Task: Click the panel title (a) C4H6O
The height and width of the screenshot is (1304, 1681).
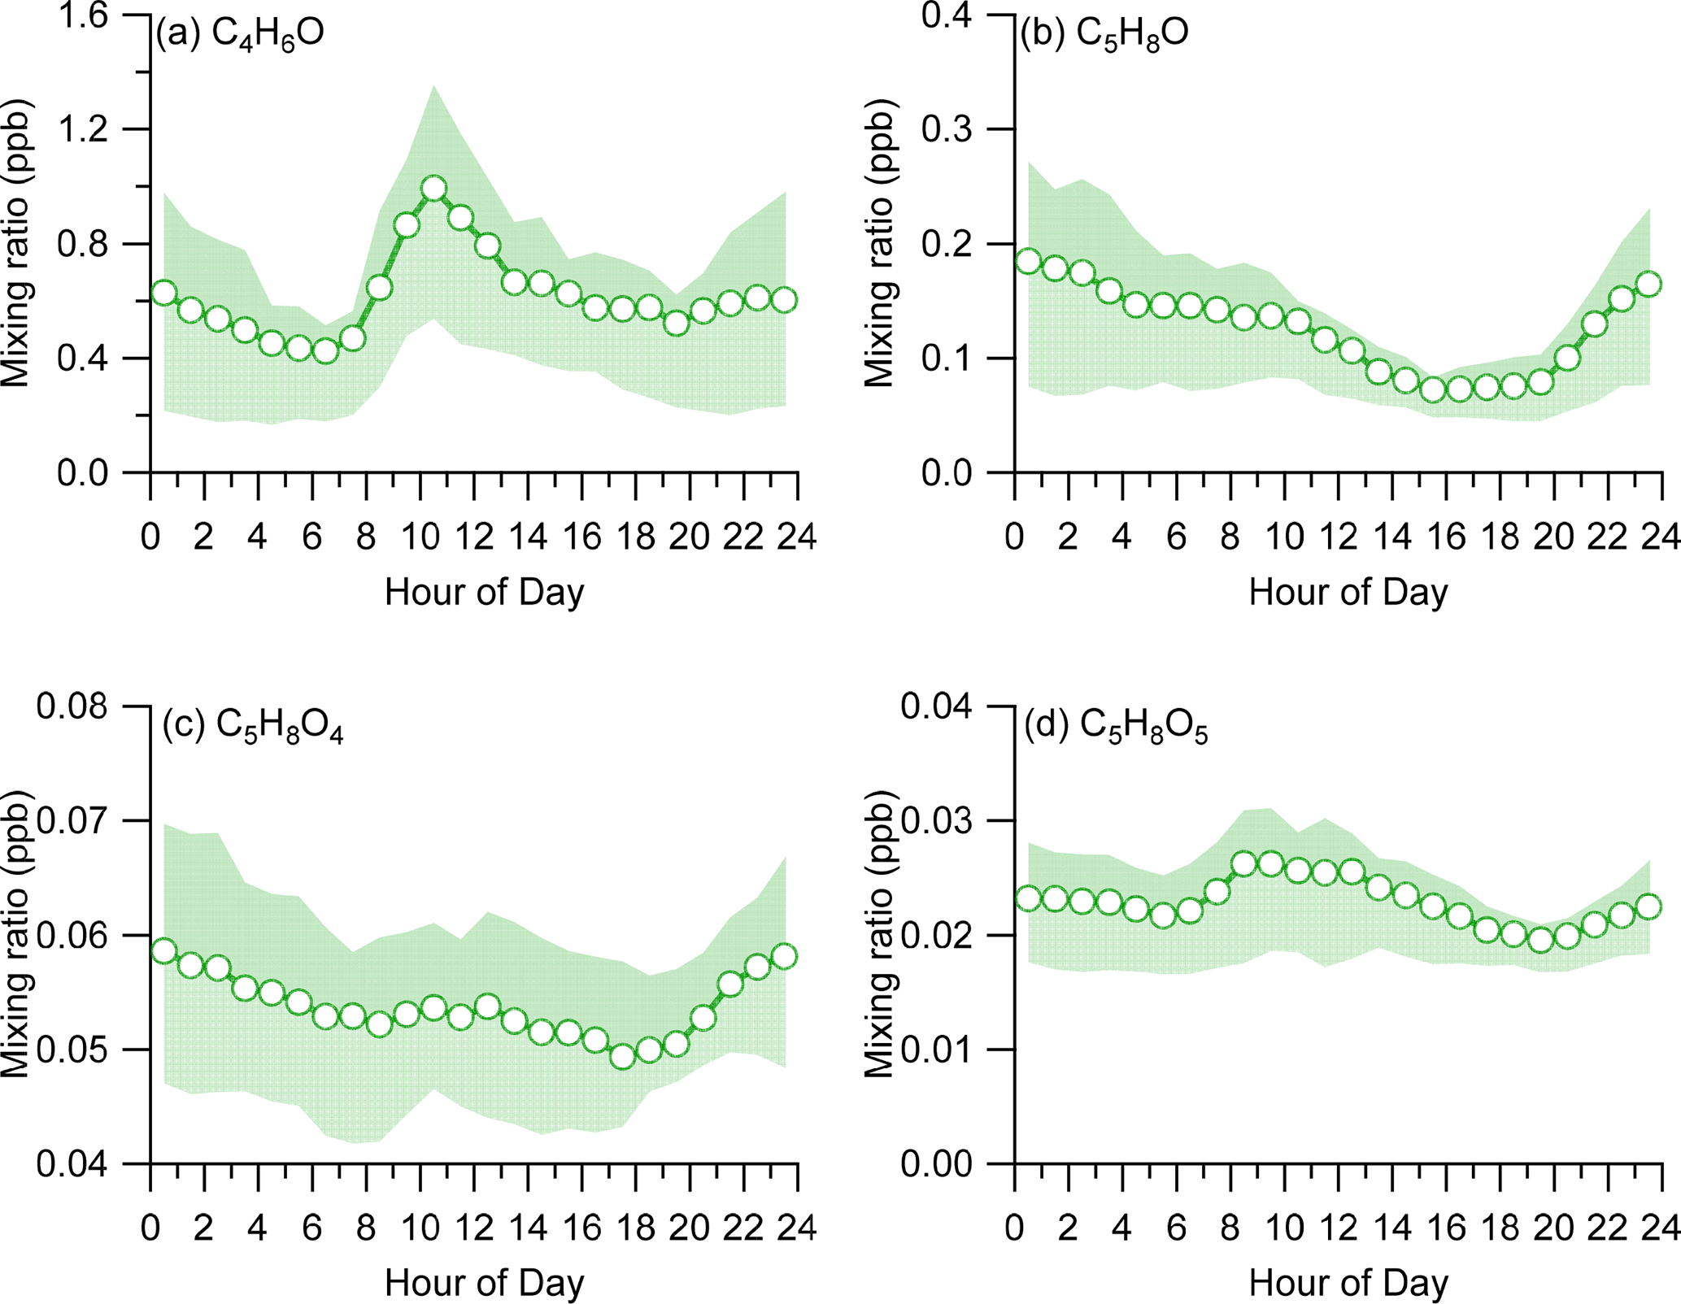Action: click(241, 34)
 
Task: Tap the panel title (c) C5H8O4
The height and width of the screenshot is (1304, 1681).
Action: click(253, 726)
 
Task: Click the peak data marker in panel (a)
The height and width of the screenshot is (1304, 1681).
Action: click(433, 189)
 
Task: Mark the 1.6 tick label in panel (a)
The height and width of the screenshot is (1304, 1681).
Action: click(84, 16)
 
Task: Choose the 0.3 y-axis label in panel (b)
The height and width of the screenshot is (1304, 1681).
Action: click(948, 130)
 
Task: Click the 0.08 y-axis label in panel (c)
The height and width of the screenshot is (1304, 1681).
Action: click(72, 706)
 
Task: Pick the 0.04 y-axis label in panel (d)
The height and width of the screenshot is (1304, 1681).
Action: click(937, 706)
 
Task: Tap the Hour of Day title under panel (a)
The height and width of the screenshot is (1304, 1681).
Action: click(485, 592)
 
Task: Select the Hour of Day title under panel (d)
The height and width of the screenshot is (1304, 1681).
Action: click(1348, 1283)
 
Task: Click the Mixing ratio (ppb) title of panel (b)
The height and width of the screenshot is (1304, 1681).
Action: click(879, 244)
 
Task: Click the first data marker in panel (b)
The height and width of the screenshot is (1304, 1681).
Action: click(1029, 261)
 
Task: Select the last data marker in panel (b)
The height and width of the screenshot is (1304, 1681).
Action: click(1648, 285)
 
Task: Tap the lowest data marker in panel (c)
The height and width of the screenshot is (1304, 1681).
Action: click(623, 1057)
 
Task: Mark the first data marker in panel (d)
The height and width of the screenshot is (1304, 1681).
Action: click(1029, 899)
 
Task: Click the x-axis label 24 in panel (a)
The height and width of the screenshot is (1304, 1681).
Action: click(797, 537)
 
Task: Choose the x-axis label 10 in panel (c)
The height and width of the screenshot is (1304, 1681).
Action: click(420, 1228)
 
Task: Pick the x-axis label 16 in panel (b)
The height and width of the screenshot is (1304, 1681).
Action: click(1447, 537)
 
